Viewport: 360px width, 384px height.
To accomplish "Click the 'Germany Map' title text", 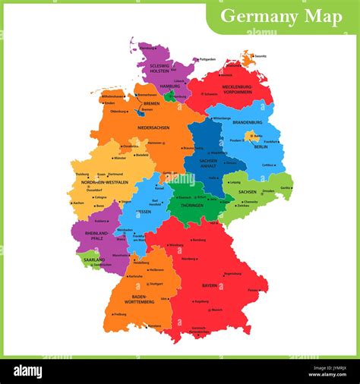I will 281,17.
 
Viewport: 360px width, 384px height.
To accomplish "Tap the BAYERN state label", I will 210,286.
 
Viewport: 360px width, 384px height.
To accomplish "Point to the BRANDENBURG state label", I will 248,122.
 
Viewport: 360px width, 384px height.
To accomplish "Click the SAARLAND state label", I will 93,260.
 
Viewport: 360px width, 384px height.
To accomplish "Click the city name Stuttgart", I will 156,283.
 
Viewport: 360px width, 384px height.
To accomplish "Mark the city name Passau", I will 253,290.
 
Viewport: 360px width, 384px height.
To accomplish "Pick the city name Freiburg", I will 120,313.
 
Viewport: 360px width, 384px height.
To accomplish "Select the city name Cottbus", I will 267,165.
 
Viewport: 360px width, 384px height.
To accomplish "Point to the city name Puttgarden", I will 207,59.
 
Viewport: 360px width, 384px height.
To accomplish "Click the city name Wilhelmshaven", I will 113,97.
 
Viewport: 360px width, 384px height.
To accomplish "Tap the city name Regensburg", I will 232,273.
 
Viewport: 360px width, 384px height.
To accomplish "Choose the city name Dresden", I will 268,191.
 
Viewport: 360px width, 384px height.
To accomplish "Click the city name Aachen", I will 78,203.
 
